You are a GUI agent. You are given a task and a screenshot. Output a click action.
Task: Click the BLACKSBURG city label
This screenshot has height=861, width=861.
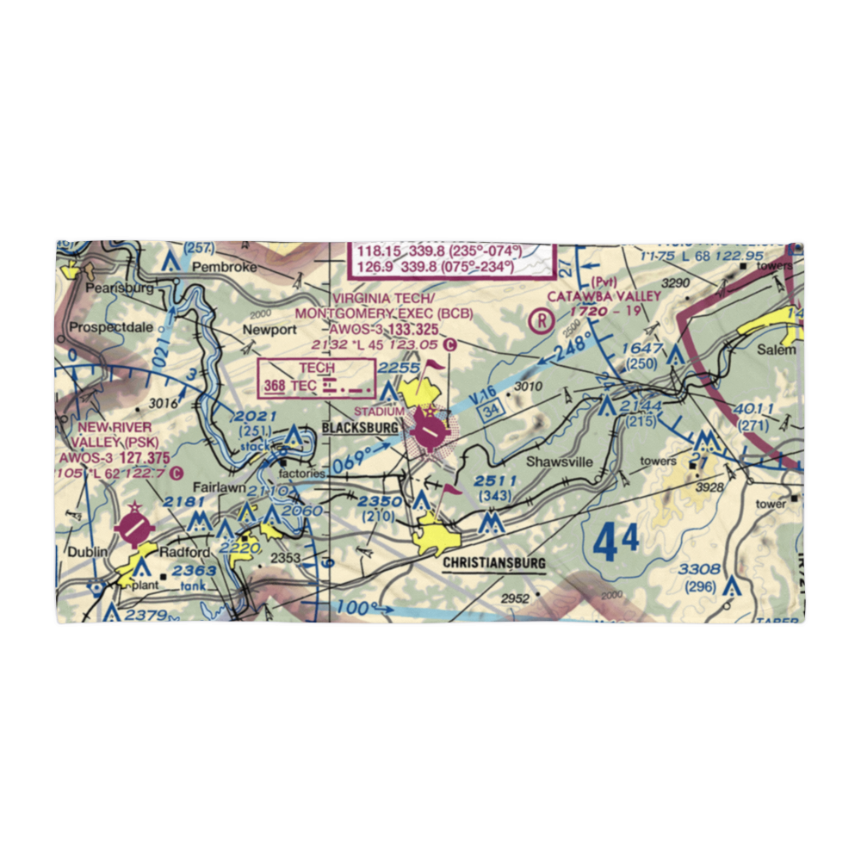[360, 428]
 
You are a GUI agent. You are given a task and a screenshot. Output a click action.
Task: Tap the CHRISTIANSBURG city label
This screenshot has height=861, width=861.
[494, 564]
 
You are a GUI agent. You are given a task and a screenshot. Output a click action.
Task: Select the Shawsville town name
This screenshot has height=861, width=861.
[561, 462]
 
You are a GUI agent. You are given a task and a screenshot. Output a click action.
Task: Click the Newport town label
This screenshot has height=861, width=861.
[269, 330]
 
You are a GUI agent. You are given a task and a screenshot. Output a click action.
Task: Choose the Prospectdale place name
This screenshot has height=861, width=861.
[110, 328]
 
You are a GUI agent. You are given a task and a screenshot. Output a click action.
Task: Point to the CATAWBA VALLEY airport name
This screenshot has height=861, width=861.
[605, 296]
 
